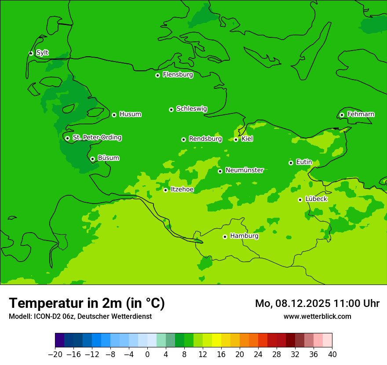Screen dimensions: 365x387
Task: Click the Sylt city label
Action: [x=42, y=53]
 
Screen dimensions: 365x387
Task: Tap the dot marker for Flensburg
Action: [x=157, y=75]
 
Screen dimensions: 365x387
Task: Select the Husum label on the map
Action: [x=130, y=114]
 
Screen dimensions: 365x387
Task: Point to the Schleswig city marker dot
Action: [x=171, y=109]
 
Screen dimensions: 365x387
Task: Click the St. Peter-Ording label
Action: [x=97, y=138]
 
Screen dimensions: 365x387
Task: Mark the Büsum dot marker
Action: [x=92, y=159]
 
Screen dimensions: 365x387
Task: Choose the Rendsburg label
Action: [x=205, y=139]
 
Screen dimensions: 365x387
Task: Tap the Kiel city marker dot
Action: [x=236, y=139]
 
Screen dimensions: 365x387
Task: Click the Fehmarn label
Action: [x=361, y=114]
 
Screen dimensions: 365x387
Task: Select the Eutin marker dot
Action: [x=291, y=163]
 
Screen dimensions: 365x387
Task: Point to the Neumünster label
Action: [x=244, y=170]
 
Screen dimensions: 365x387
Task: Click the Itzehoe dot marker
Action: [x=165, y=190]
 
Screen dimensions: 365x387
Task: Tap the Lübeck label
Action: [x=316, y=199]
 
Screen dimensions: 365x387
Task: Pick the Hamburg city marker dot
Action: [x=225, y=237]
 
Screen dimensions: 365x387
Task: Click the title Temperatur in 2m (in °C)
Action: [x=87, y=303]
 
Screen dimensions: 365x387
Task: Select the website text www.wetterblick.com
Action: [x=317, y=316]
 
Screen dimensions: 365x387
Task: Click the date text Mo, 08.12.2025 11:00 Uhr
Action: [x=317, y=303]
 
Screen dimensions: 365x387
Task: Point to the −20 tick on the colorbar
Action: [x=55, y=354]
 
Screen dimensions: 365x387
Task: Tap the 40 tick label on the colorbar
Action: [x=332, y=354]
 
